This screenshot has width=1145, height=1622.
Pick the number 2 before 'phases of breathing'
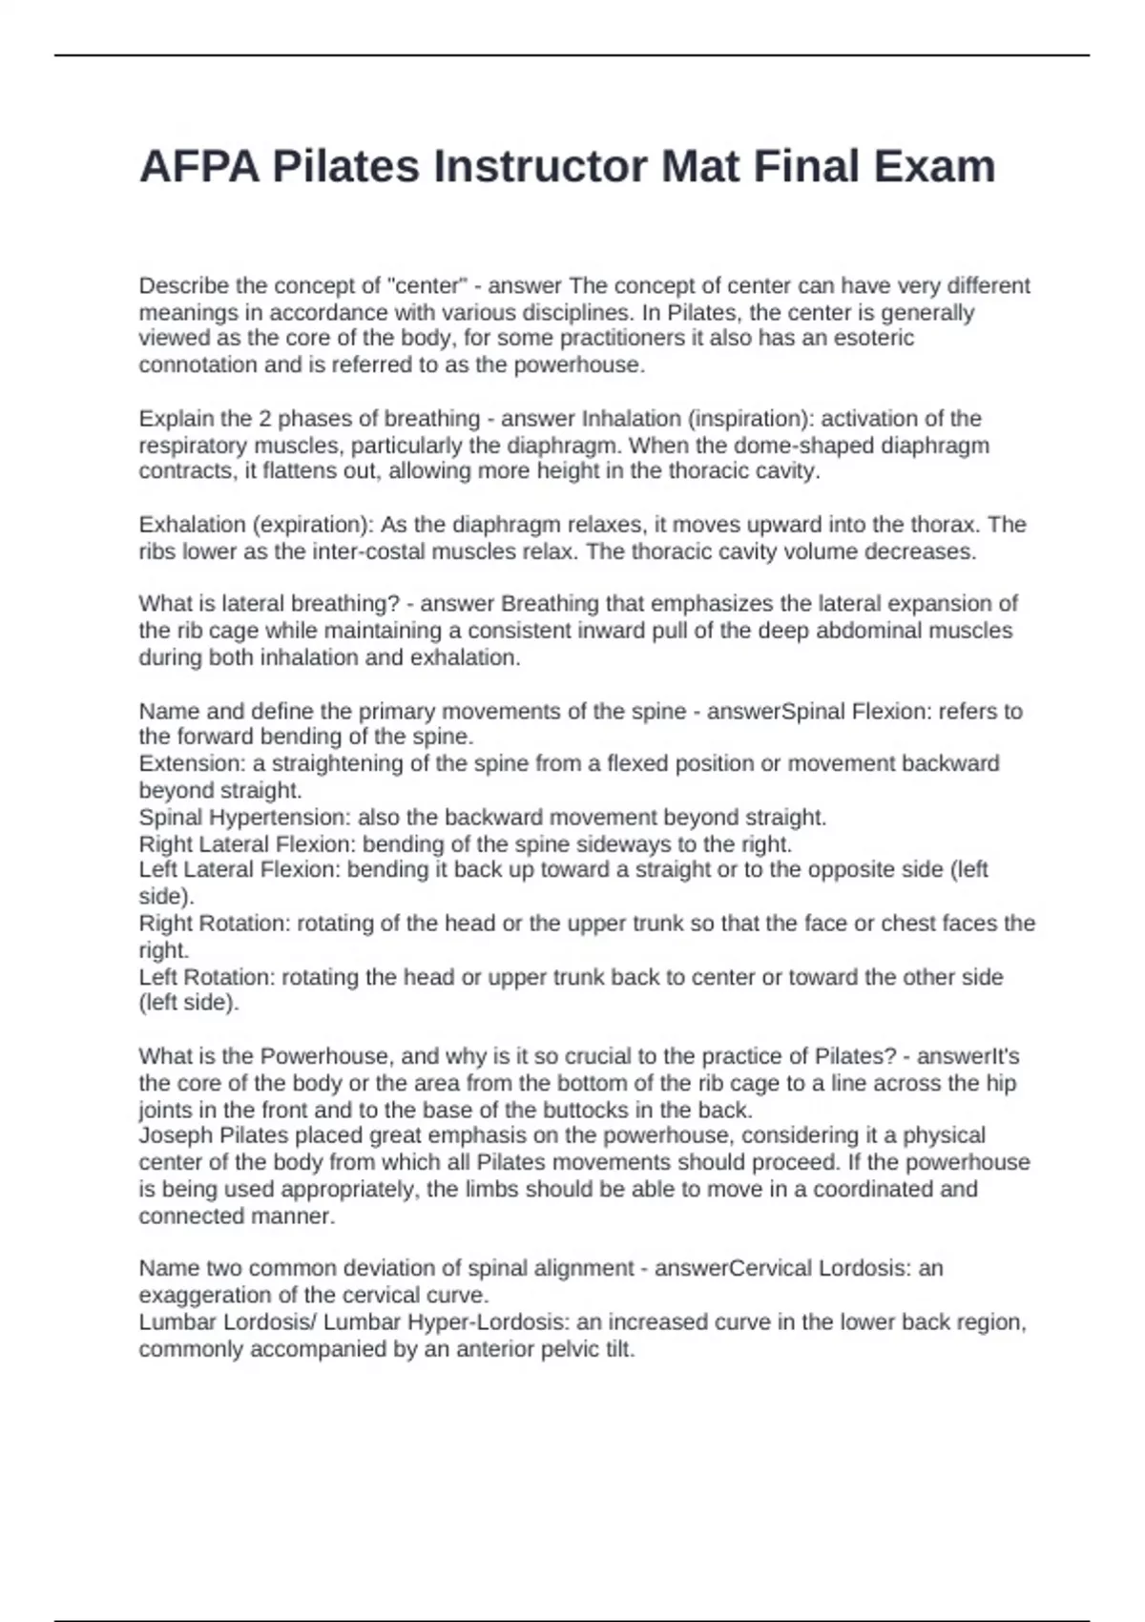click(263, 419)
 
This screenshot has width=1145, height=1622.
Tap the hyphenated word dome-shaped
click(802, 446)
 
